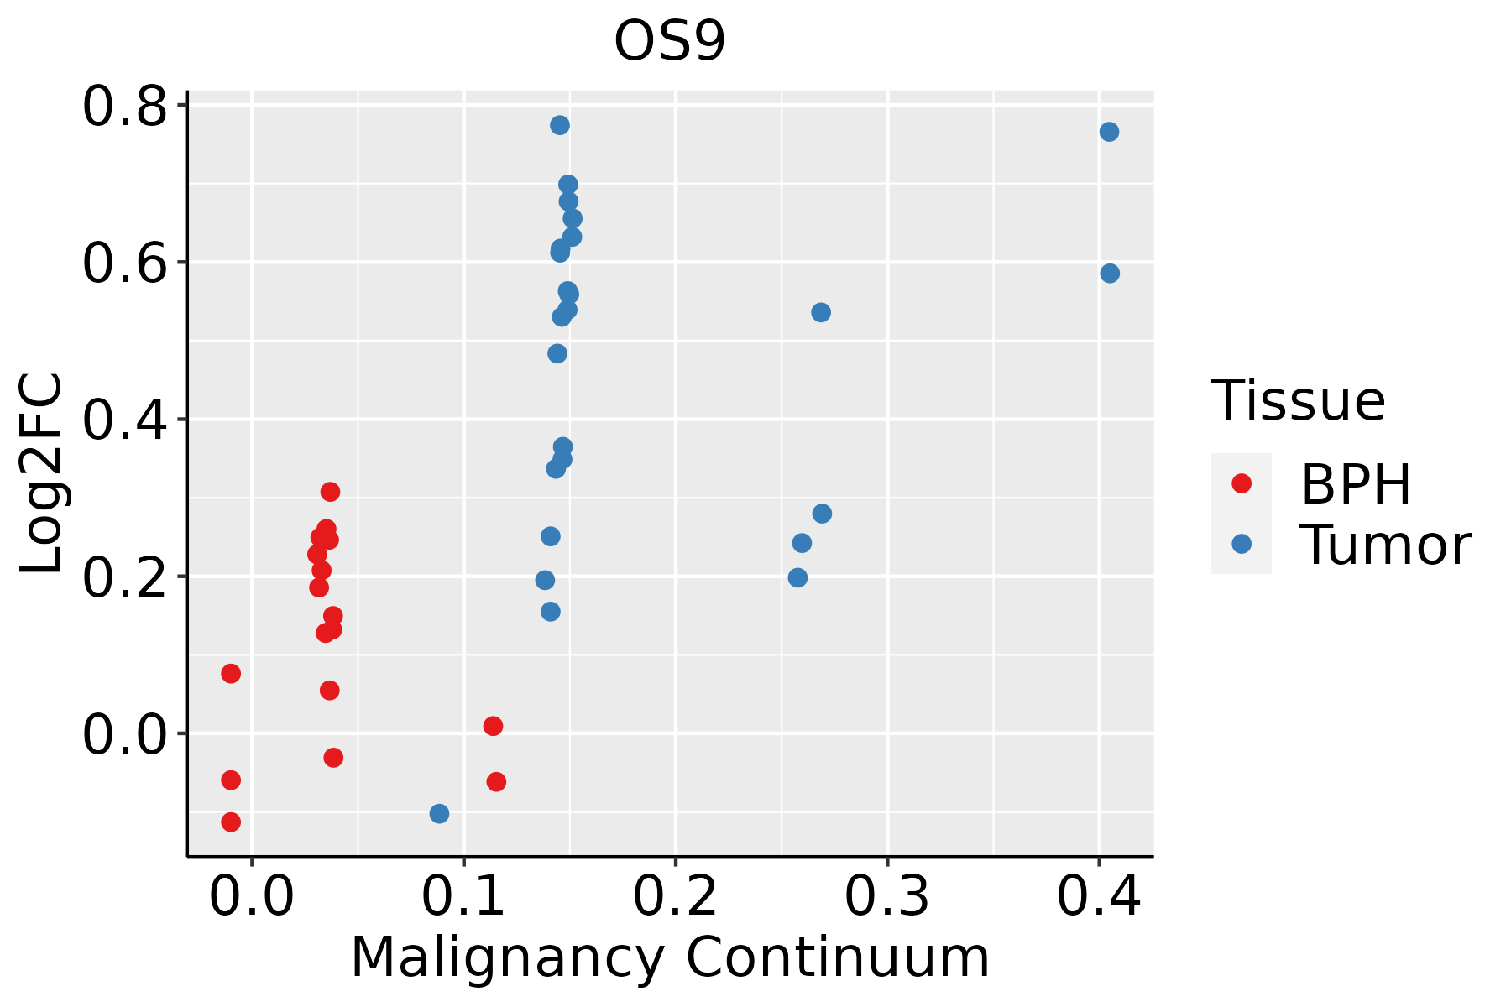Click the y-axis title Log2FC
42,474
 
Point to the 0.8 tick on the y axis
124,107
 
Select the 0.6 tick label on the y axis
124,263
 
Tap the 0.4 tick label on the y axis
124,420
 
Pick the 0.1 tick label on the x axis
463,897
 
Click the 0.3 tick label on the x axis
886,897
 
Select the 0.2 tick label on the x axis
675,897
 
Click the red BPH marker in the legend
1241,483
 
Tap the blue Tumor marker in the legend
1241,544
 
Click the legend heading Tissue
1298,401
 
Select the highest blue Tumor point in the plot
560,125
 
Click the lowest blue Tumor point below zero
439,813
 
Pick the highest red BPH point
330,492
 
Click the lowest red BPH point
231,822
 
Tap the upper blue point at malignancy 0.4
1109,132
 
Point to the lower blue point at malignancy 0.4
1110,274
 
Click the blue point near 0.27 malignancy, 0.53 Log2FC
821,312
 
